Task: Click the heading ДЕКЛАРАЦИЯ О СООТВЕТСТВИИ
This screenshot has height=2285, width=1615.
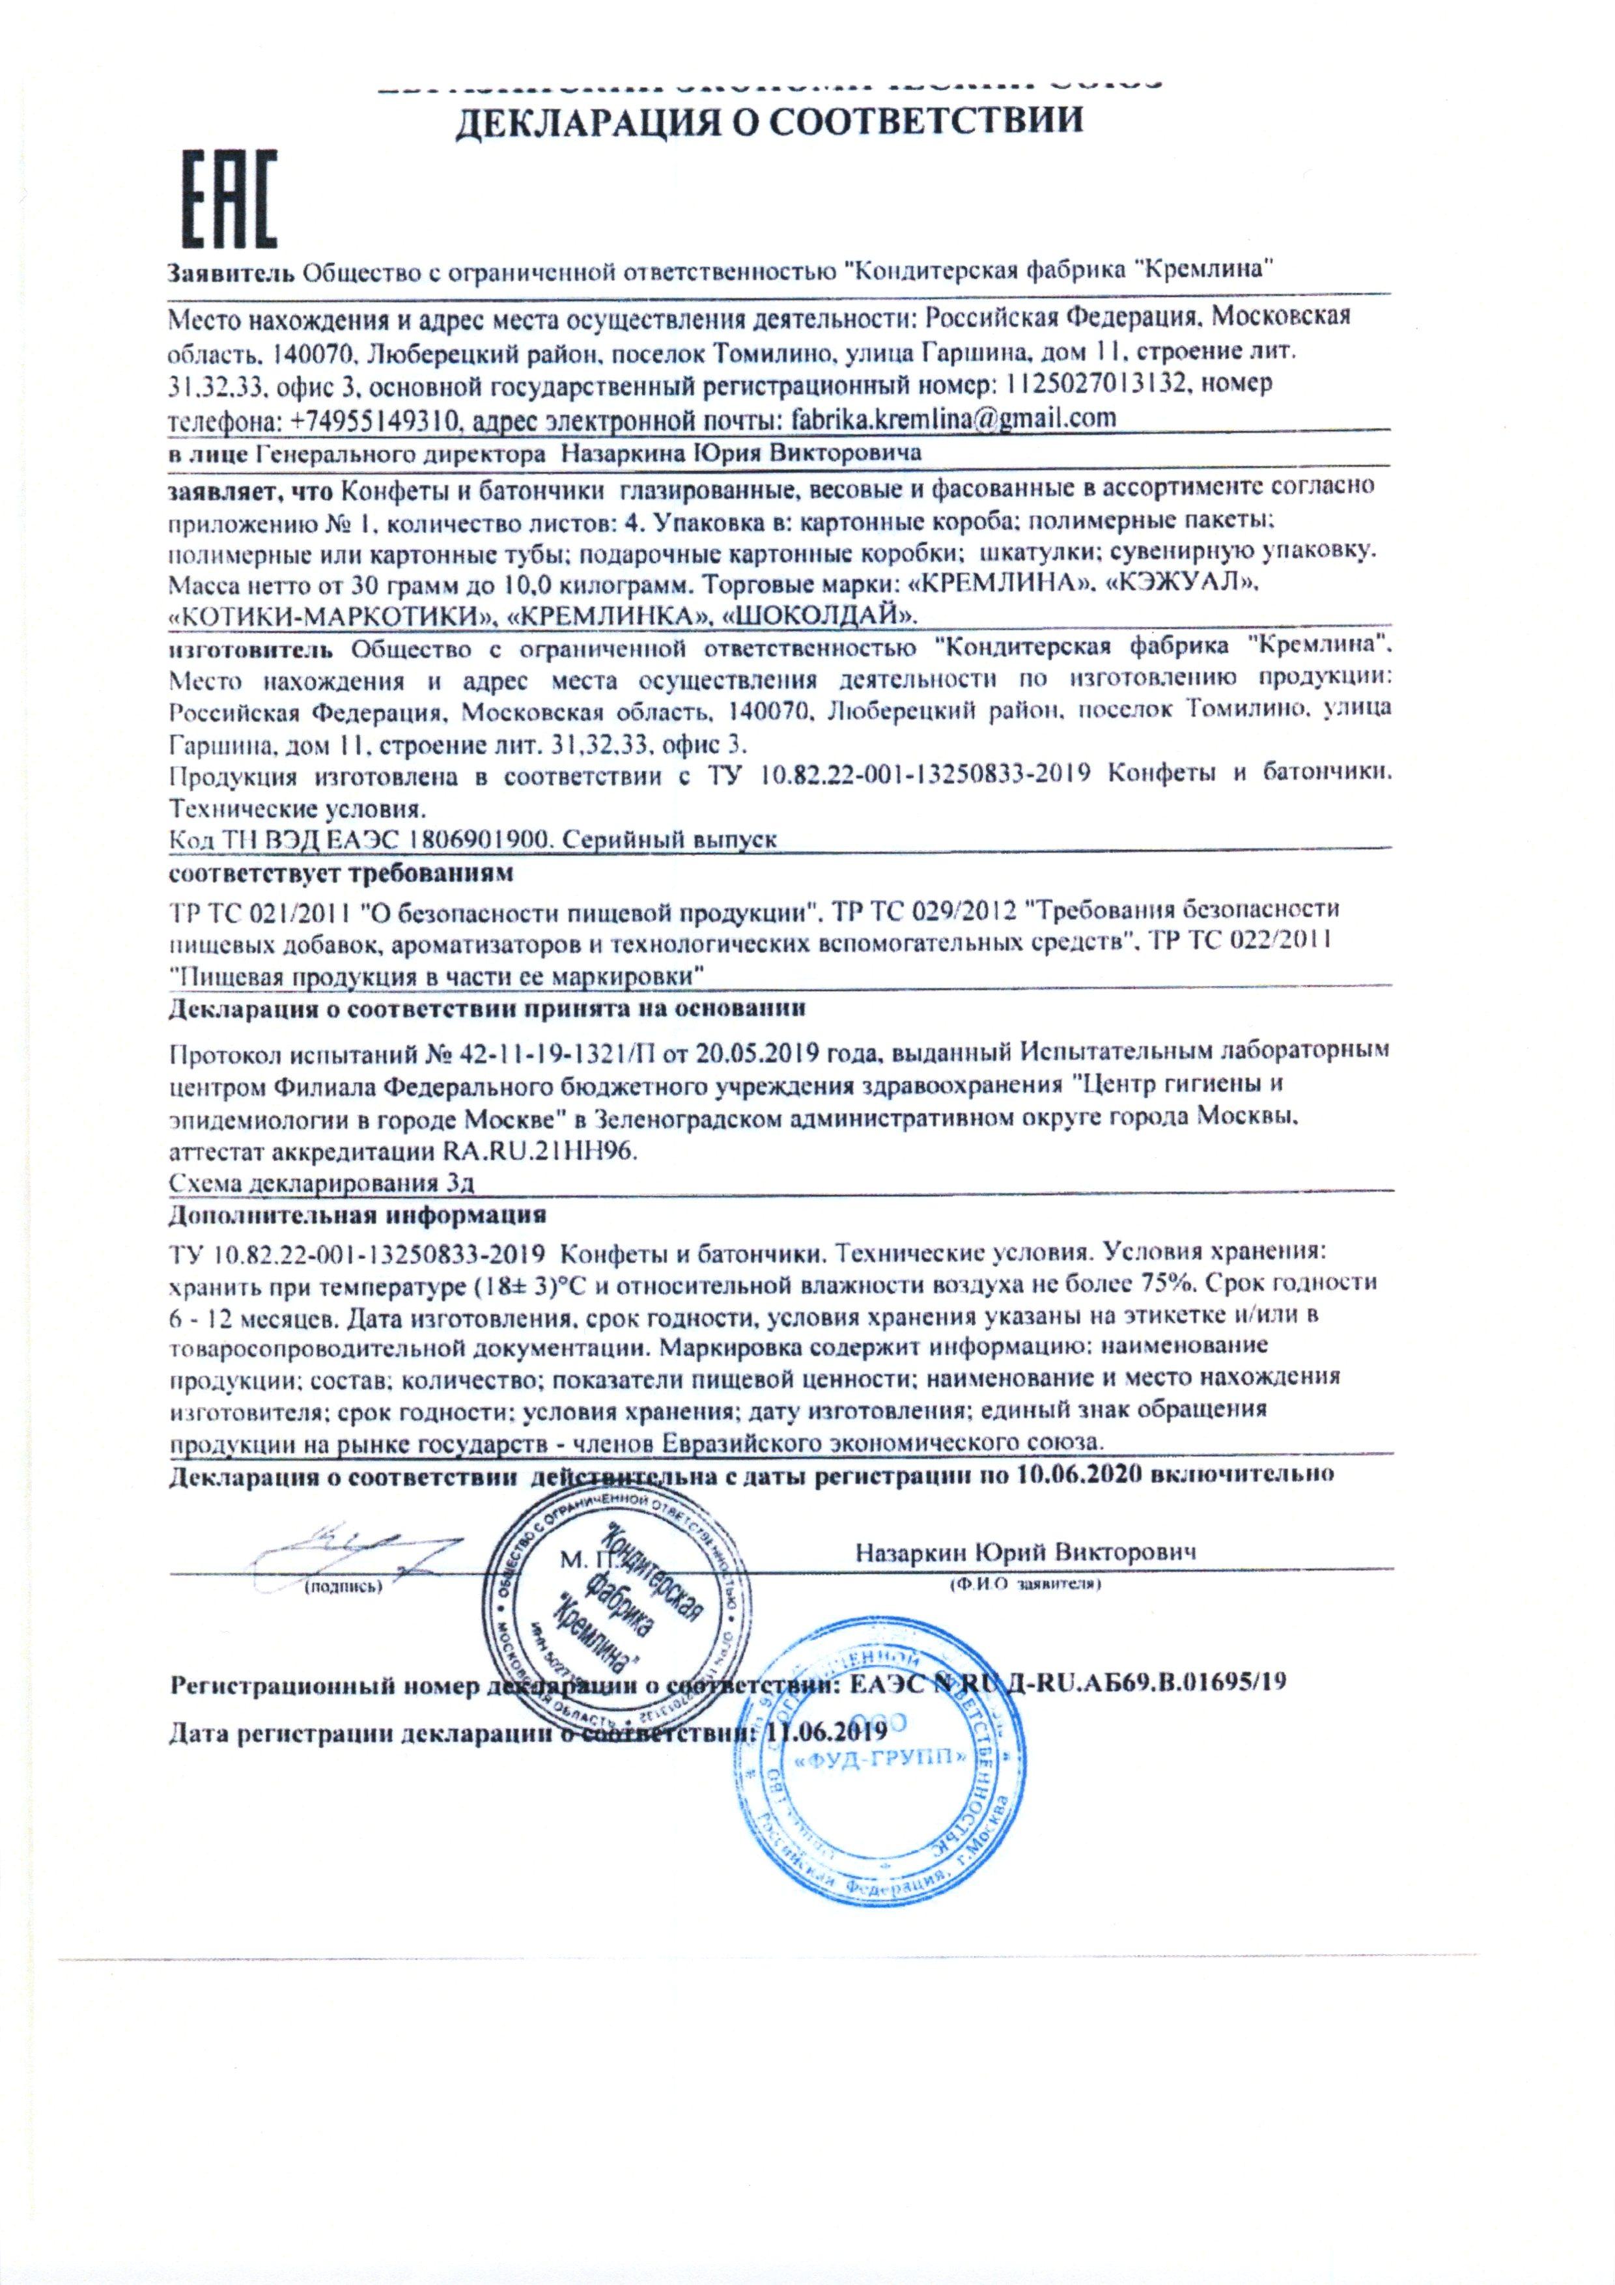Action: [x=766, y=122]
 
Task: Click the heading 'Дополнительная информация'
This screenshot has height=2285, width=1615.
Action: [x=358, y=1215]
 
